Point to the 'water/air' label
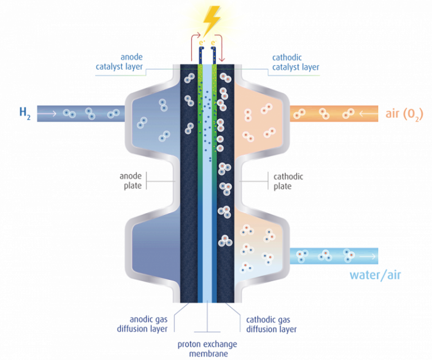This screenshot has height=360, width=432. (376, 274)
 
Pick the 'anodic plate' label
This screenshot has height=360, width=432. (132, 181)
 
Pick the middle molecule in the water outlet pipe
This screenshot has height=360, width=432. (325, 256)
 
